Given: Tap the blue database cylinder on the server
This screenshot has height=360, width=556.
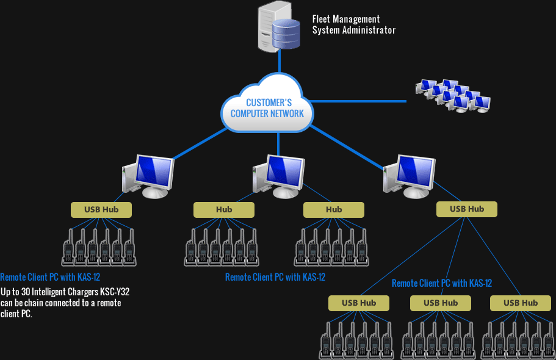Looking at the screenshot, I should point(286,34).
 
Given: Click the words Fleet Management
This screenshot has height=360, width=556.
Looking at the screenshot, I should point(346,20).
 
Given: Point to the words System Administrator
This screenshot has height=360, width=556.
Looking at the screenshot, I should point(354,30).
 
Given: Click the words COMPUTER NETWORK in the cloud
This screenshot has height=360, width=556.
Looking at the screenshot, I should point(267,113).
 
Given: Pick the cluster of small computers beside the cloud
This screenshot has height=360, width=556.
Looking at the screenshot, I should point(453,96).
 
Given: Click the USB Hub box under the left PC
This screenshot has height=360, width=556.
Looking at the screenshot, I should point(101,210).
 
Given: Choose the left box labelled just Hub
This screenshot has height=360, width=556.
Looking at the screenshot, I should point(224,210).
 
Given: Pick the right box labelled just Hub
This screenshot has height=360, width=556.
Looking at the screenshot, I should point(334,210).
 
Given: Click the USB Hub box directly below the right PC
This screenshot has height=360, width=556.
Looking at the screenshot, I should point(467,209).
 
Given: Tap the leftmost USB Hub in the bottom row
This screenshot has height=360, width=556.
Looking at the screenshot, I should point(359,303).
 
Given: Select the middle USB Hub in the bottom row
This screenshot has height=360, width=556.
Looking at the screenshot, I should point(440,303).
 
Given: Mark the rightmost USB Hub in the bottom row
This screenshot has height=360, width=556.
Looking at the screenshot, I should point(521,303).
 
